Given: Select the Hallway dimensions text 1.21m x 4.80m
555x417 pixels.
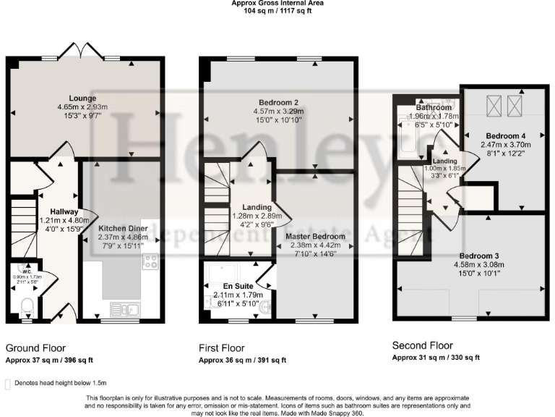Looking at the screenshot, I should [59, 220].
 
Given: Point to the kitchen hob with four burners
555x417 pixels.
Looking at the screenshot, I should [151, 261].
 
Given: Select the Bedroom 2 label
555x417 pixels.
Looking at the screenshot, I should [278, 102].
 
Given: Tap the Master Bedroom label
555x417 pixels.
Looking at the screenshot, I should [315, 236].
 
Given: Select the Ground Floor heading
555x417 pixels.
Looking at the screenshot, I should [35, 348].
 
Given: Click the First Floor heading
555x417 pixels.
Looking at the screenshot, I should [222, 348].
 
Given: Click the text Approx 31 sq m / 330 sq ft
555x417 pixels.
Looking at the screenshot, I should [436, 358].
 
